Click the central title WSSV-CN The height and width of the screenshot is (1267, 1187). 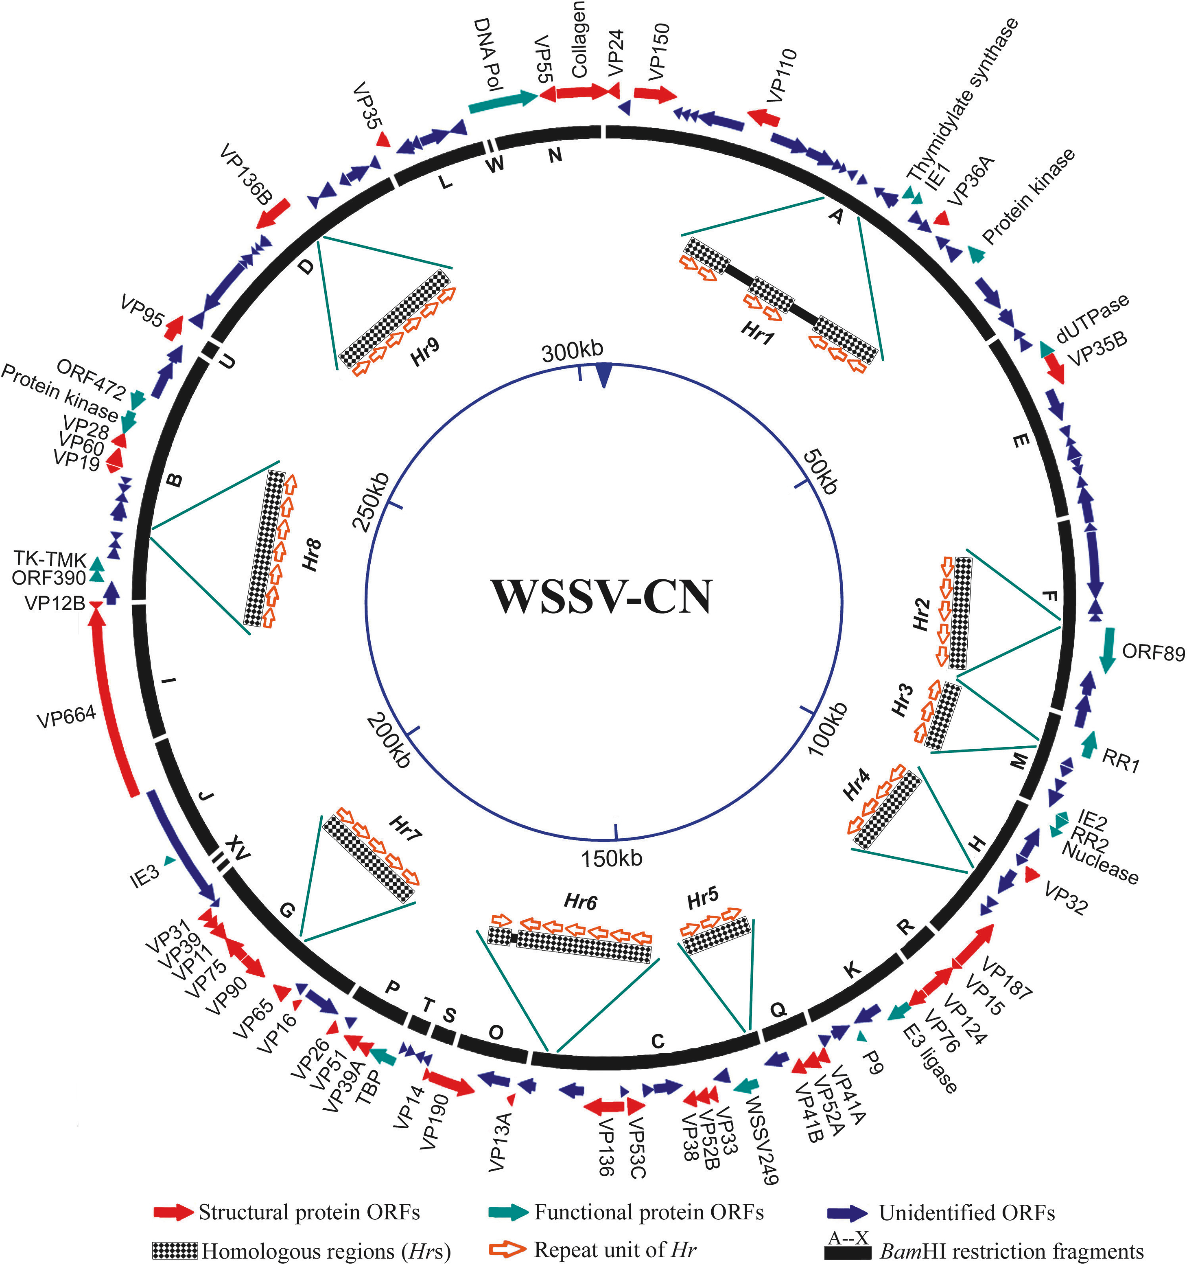[602, 598]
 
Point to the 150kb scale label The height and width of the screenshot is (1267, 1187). [611, 859]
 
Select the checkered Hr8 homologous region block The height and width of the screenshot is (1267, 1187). [265, 548]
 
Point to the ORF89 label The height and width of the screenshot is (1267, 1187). [1153, 653]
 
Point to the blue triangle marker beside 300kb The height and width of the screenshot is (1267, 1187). [603, 375]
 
